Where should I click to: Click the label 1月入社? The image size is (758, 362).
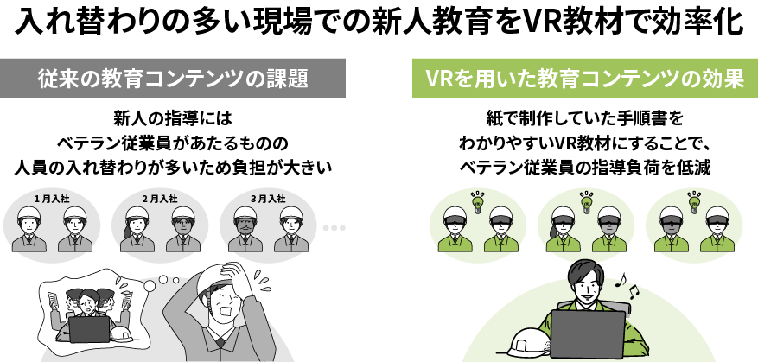coord(52,199)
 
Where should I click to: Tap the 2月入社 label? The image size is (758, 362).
coord(160,199)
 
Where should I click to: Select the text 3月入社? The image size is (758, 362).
coord(268,199)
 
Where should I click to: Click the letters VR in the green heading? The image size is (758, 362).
coord(438,79)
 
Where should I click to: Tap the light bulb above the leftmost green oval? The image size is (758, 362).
coord(476,201)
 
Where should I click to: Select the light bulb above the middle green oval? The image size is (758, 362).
coord(586,201)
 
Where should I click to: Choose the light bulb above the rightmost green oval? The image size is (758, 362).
coord(693,201)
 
